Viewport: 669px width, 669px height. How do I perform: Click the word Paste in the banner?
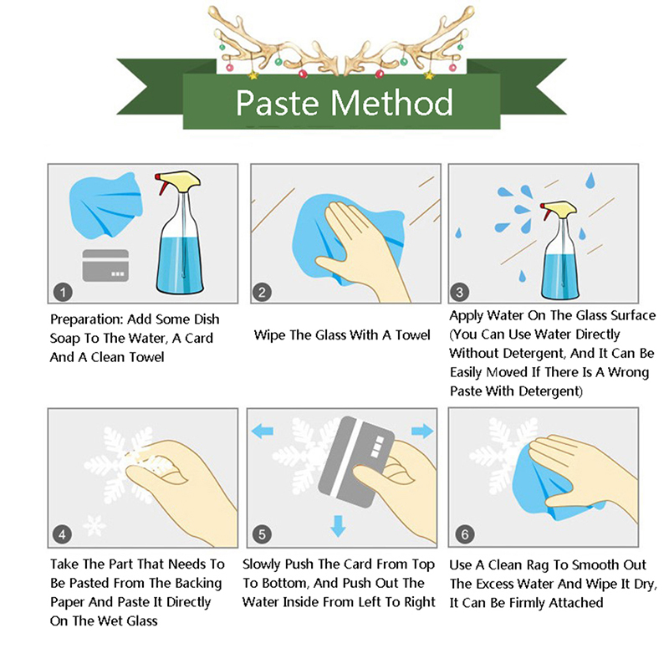click(278, 103)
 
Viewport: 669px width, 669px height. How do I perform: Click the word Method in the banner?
click(391, 102)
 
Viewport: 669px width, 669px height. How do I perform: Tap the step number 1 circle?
click(63, 292)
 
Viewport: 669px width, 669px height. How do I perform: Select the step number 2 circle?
click(262, 292)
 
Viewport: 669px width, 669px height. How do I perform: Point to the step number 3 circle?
click(459, 292)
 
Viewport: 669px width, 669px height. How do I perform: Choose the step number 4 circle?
click(62, 534)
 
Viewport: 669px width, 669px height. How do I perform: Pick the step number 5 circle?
click(262, 534)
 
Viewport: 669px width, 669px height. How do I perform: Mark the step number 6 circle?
click(465, 534)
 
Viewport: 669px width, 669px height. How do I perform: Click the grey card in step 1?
click(105, 265)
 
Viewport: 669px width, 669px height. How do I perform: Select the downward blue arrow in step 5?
click(339, 526)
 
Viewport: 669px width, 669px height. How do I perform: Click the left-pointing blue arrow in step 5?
click(262, 431)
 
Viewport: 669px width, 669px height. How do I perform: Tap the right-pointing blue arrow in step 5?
click(422, 431)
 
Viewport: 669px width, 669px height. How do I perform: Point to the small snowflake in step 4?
click(94, 526)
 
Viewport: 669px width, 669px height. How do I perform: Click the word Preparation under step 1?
click(87, 319)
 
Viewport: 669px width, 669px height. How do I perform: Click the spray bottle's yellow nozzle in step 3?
click(559, 207)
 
